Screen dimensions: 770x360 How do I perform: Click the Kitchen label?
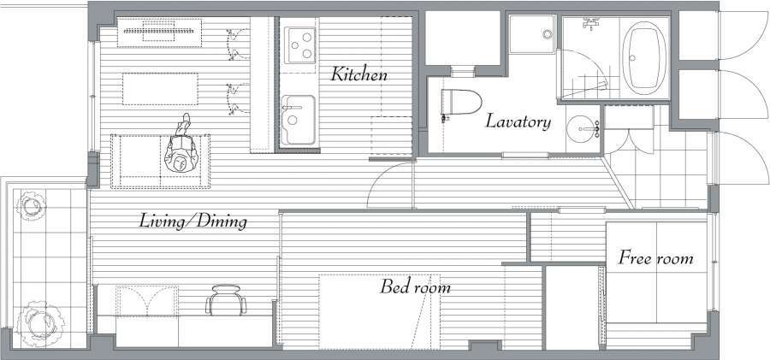pos(358,74)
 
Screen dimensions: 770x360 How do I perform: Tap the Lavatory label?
pos(518,121)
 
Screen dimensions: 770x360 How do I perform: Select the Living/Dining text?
pos(193,221)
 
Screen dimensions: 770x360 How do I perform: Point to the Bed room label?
pos(415,286)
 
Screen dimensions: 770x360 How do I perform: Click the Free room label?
pos(655,258)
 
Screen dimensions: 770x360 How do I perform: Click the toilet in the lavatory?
pos(460,102)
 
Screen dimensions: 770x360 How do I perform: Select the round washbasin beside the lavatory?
pos(583,128)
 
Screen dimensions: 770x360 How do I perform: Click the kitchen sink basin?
pos(298,120)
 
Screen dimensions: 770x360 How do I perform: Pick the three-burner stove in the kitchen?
pos(299,44)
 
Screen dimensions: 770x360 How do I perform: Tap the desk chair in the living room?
pos(227,299)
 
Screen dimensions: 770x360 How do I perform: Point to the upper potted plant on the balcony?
pos(31,206)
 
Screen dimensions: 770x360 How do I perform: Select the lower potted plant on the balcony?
pos(40,323)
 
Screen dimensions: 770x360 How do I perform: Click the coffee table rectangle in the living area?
pos(160,89)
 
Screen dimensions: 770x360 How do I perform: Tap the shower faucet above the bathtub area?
pos(591,23)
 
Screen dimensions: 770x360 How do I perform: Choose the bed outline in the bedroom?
pos(380,311)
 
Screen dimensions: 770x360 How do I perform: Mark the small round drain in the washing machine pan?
pos(548,34)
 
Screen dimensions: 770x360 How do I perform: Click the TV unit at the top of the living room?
pos(160,32)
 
